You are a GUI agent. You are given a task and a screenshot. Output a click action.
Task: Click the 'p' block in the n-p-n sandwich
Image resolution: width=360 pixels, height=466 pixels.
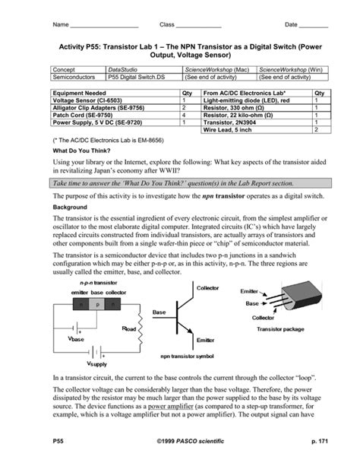[97, 303]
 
